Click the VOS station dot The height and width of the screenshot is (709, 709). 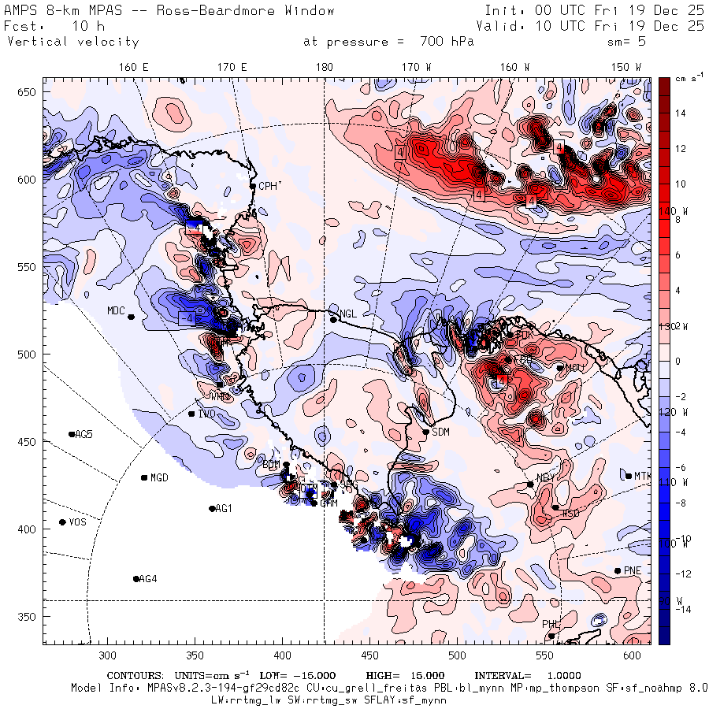[x=63, y=522]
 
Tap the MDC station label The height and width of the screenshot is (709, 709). [x=117, y=310]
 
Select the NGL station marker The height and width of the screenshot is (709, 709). [x=333, y=319]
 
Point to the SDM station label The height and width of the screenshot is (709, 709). [x=441, y=432]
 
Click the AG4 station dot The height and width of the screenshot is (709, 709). [x=136, y=579]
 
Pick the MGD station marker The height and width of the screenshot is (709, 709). [x=144, y=477]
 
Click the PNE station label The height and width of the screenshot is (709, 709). [x=633, y=570]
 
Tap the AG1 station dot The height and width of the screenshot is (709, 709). [x=212, y=509]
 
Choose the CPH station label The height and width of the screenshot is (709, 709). [x=268, y=186]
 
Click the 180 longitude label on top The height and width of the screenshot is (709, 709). [x=324, y=68]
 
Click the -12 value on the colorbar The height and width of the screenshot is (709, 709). [x=682, y=574]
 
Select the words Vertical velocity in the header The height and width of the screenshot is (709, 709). [x=73, y=42]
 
